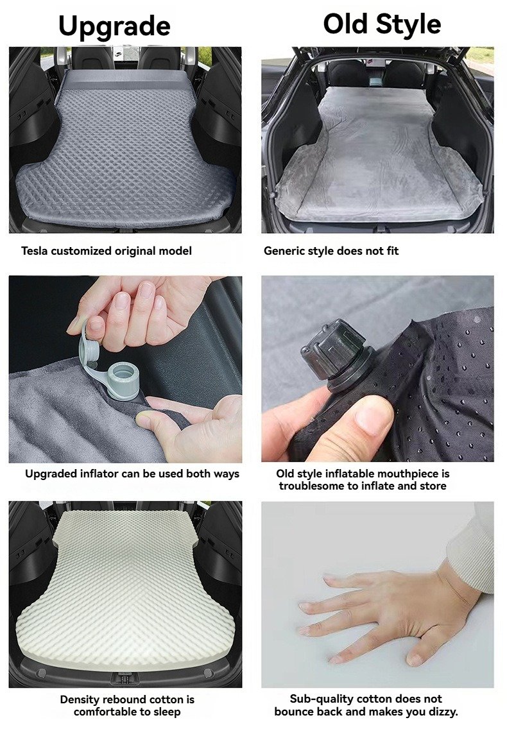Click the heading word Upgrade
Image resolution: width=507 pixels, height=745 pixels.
pos(114,26)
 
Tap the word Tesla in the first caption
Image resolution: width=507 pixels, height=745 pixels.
pos(34,251)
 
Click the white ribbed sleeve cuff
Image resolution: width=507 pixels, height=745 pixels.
pos(470,551)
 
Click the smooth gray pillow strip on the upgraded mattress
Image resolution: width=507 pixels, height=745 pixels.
pos(125,80)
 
